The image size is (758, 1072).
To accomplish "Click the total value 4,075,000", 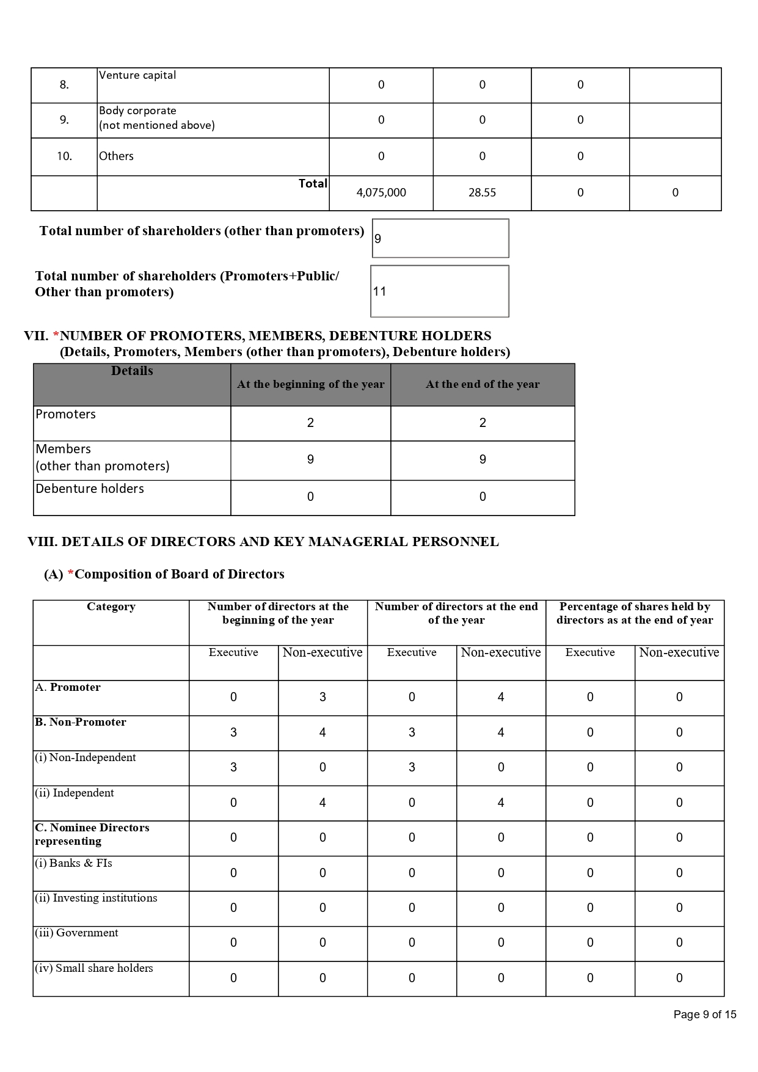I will point(381,192).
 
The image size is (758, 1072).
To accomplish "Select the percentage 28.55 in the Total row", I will point(482,192).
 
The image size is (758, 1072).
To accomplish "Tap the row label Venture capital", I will point(137,75).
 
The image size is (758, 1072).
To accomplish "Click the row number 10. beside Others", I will point(64,156).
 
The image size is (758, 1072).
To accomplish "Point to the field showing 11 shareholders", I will point(439,291).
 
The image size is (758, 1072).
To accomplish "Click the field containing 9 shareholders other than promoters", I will point(440,238).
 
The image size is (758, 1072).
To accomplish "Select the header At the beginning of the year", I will point(310,384).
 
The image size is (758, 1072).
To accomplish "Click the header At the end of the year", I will point(483,384).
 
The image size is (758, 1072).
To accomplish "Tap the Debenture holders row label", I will point(90,489).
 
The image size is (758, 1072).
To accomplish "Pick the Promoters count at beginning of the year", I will point(310,423).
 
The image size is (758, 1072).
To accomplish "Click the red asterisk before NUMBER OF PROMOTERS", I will point(56,336).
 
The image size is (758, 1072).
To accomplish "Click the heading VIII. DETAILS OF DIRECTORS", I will point(263,542).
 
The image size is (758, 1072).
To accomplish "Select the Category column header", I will point(111,607).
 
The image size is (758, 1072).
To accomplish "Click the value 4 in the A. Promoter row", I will point(501,697).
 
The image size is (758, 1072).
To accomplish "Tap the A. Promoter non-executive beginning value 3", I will point(323,697).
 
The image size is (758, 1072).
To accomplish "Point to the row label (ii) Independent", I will point(75,793).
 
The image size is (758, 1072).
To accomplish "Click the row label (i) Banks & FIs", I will point(73,863).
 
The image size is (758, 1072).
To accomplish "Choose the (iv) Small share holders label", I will point(94,968).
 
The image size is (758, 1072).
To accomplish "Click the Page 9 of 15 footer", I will point(705,1015).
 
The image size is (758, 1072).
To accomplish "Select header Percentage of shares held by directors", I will point(635,613).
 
